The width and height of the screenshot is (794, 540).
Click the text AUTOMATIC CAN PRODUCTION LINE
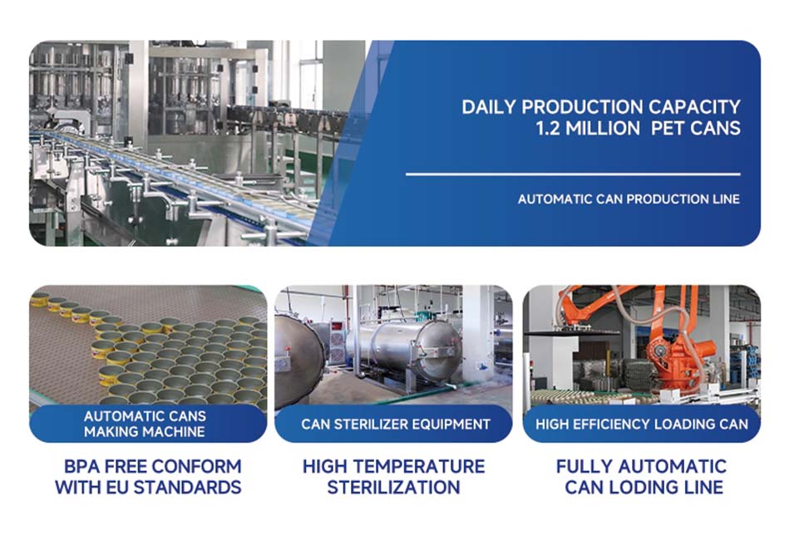(629, 199)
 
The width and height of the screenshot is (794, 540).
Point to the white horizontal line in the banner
(573, 174)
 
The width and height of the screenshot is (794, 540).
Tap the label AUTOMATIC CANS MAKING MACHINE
(145, 424)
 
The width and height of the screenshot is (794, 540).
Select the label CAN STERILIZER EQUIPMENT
(396, 424)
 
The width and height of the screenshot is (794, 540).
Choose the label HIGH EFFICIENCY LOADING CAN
(642, 424)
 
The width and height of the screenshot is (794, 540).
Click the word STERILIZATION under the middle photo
(393, 488)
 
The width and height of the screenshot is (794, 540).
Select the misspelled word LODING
(643, 488)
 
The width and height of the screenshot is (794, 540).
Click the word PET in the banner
(667, 128)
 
